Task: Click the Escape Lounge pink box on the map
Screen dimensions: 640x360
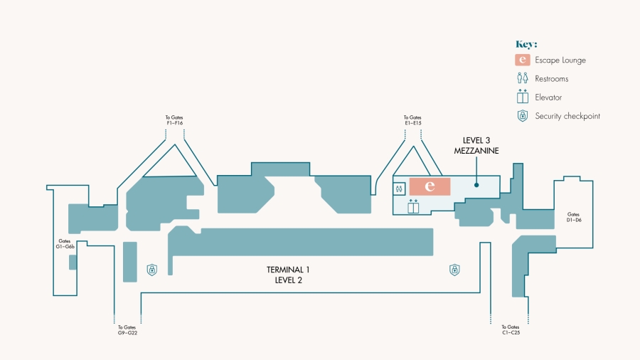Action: pos(430,186)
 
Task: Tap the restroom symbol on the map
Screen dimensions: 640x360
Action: pos(399,189)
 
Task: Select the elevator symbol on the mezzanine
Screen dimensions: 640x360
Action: pos(413,206)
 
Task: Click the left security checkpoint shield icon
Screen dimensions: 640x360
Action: pos(152,270)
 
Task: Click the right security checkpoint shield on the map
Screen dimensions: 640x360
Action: pos(454,270)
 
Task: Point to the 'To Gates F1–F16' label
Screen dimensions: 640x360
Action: pos(174,120)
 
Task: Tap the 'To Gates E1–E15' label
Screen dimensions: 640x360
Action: pos(412,120)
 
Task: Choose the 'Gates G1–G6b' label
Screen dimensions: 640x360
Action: pos(65,243)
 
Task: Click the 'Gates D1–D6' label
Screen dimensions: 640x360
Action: pos(573,217)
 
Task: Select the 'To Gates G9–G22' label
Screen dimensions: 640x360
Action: pos(127,330)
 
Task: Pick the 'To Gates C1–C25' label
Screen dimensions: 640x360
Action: pos(511,330)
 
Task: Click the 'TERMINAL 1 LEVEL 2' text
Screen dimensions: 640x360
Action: pos(288,275)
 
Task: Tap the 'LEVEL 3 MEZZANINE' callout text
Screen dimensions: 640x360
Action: pos(476,146)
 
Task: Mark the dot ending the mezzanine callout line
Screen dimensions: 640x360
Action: pos(476,185)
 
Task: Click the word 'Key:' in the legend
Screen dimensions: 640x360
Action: pos(526,44)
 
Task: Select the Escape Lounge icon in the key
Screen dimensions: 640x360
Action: pos(523,60)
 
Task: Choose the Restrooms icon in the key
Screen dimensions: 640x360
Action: pos(523,78)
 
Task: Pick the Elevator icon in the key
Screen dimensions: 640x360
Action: pos(523,96)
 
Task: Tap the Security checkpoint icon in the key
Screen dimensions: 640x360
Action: pos(523,116)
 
